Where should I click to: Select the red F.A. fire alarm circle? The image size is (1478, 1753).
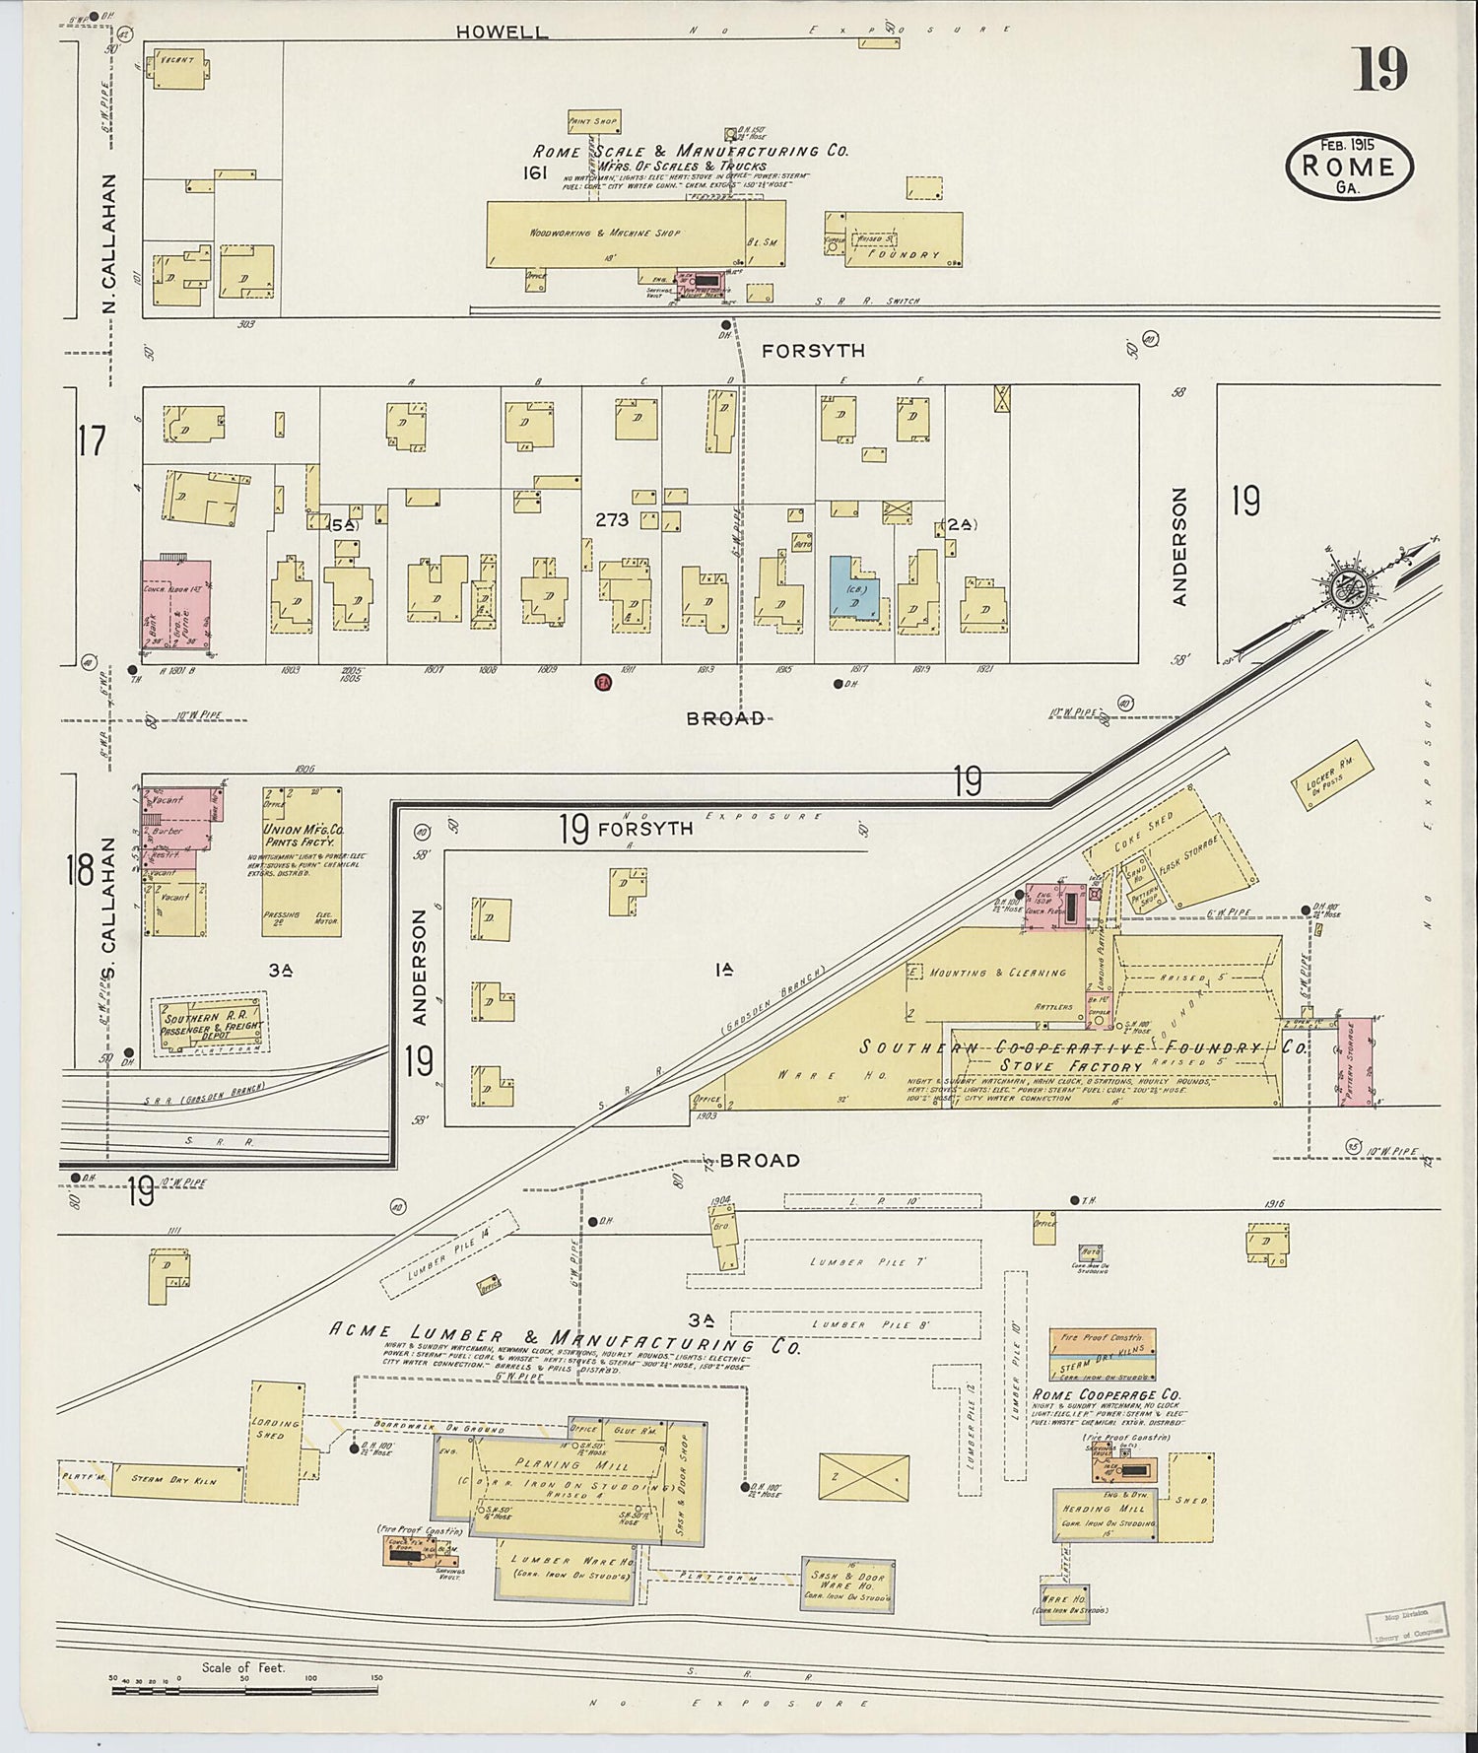coord(603,682)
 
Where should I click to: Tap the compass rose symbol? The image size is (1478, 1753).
coord(1345,589)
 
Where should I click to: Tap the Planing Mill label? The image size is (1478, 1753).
coord(552,1463)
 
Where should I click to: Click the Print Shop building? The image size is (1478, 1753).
coord(592,122)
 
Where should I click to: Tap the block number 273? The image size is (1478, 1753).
coord(612,519)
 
